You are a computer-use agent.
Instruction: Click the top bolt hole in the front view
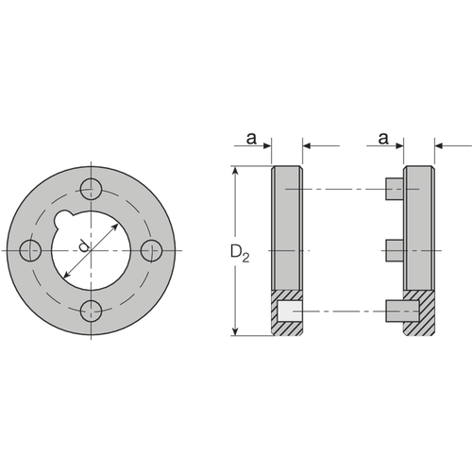[92, 189]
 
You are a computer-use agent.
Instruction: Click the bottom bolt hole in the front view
[92, 311]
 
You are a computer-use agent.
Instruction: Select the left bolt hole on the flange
[30, 250]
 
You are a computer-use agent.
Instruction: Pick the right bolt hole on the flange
[151, 250]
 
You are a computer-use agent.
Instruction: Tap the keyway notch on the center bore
[62, 218]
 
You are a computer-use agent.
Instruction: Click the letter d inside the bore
[83, 245]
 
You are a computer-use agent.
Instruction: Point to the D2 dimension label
[240, 253]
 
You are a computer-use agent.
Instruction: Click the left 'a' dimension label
[251, 139]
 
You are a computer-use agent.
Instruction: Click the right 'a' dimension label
[383, 139]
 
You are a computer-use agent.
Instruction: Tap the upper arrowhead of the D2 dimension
[235, 171]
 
